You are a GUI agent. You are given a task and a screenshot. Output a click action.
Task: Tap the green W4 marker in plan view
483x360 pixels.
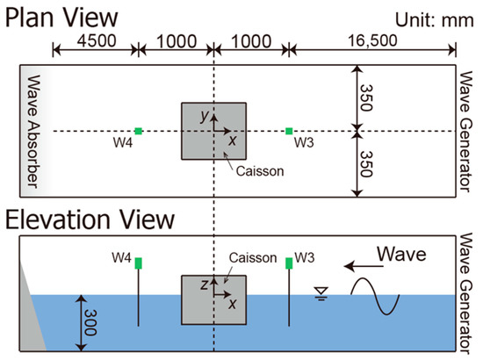pyautogui.click(x=139, y=132)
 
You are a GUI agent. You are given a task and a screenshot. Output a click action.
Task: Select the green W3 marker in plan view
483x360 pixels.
pyautogui.click(x=289, y=132)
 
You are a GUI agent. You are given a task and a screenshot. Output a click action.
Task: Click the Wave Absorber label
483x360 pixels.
pyautogui.click(x=30, y=132)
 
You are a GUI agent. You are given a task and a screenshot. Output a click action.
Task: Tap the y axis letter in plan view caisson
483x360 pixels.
pyautogui.click(x=203, y=116)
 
